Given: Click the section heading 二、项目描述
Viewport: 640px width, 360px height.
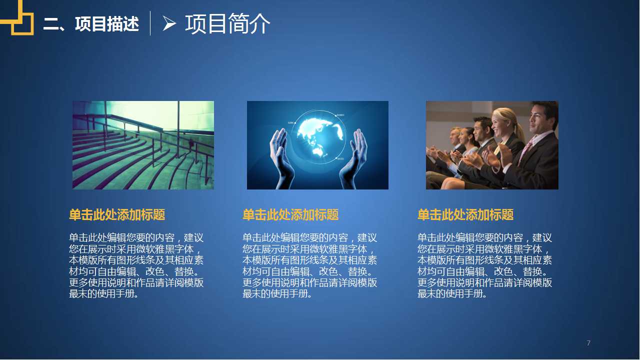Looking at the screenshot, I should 91,23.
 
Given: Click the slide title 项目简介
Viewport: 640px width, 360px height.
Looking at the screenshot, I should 227,23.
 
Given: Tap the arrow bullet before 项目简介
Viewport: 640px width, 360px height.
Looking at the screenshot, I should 169,23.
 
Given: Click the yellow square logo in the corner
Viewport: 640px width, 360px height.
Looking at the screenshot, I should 18,18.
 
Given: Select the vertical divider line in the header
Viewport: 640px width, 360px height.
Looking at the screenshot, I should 150,23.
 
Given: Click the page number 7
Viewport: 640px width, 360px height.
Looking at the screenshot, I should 588,343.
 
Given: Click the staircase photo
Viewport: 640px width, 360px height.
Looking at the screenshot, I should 143,145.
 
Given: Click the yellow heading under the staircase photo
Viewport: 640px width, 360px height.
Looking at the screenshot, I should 117,215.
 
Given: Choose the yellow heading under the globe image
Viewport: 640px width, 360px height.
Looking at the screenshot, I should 290,215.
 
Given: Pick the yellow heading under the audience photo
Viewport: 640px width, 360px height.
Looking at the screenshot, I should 465,215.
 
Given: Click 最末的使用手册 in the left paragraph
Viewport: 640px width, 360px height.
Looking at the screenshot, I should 103,294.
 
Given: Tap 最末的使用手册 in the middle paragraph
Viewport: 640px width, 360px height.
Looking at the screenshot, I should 277,294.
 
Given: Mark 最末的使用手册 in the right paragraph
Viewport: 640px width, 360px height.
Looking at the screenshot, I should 452,294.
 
